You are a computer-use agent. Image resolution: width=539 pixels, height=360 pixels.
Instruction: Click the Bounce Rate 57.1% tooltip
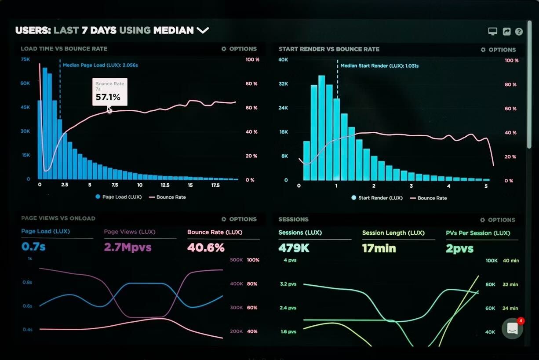pos(109,92)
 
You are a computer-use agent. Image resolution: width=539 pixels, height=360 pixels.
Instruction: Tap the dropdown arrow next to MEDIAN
pos(203,30)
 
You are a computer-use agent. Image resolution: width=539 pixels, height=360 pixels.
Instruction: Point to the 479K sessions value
pos(294,248)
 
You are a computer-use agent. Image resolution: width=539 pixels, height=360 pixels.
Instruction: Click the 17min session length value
pos(379,248)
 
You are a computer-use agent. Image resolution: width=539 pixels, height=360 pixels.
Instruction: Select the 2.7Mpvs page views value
pos(127,247)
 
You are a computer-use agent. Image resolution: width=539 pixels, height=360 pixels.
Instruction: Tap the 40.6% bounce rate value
pos(206,247)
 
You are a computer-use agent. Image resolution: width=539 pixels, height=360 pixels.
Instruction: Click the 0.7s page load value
pos(33,247)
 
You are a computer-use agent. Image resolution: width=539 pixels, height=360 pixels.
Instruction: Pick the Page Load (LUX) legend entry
pos(118,197)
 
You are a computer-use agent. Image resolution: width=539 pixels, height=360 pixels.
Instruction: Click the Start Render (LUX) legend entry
pos(377,198)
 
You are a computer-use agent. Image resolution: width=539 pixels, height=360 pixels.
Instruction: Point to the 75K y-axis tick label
pos(25,59)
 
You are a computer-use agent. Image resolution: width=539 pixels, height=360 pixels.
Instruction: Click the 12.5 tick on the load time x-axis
pos(165,185)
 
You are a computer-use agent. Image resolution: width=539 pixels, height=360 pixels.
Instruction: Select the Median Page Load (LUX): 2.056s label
pos(100,65)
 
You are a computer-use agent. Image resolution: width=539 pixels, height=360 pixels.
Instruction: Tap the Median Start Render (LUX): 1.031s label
pos(379,66)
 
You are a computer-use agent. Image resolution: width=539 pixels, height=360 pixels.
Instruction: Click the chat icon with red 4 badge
pos(512,328)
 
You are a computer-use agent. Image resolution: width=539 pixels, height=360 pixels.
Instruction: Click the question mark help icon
pos(519,32)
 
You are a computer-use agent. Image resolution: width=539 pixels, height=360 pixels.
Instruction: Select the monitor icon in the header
pos(492,32)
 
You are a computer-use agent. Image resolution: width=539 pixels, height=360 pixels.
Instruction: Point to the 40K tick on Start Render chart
pos(283,59)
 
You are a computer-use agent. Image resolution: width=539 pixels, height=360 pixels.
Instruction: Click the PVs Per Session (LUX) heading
pos(478,233)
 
